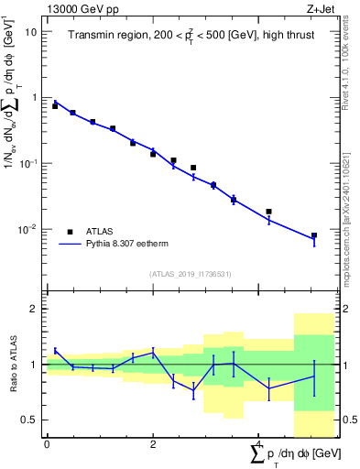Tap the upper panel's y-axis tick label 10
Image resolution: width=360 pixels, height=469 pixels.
(x=31, y=31)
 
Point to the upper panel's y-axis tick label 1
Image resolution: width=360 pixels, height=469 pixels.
(x=34, y=97)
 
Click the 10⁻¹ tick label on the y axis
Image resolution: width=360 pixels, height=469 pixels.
(x=27, y=162)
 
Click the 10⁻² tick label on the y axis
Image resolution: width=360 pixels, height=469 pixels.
(x=27, y=228)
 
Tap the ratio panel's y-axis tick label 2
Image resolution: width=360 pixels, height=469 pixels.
(x=34, y=309)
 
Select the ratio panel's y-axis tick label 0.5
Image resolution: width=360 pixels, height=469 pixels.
(x=30, y=420)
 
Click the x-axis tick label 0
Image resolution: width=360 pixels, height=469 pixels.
(x=47, y=444)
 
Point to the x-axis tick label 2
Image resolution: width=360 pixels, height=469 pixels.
(x=153, y=444)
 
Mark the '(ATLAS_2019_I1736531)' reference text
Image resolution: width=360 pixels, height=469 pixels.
(x=191, y=274)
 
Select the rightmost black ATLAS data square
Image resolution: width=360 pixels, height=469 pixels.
(x=313, y=235)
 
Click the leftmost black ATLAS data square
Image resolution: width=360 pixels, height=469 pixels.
(x=55, y=106)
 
